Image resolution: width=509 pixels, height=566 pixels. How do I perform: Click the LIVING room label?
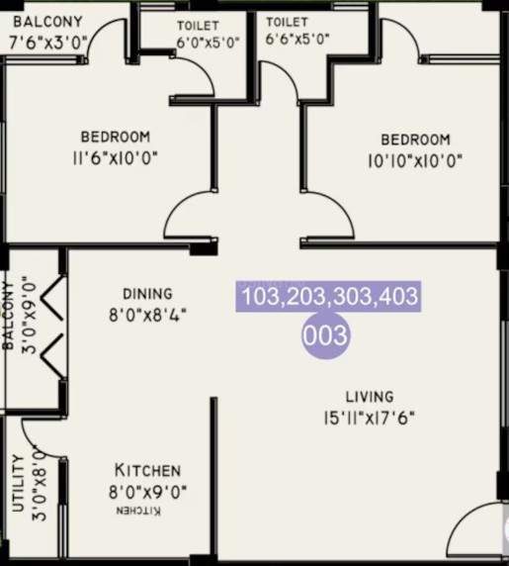click(x=370, y=397)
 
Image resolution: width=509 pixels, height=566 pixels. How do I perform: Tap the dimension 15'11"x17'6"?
click(x=369, y=419)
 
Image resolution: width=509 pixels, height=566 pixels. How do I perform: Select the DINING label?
click(x=148, y=294)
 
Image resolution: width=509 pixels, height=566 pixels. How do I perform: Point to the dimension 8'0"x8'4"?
click(x=148, y=316)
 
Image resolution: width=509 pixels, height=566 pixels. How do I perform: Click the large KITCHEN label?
click(x=147, y=470)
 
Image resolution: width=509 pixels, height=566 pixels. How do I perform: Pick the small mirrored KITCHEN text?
click(x=138, y=511)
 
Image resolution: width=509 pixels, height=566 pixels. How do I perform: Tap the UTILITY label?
click(x=18, y=483)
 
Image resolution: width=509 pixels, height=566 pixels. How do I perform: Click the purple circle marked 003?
click(x=325, y=335)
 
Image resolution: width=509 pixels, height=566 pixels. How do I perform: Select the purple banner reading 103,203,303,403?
click(x=328, y=296)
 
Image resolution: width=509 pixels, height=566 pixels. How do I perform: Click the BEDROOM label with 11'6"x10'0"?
click(x=116, y=137)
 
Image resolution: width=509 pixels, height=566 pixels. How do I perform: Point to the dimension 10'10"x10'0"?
click(x=414, y=160)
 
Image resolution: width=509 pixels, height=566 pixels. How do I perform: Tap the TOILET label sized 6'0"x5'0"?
click(x=198, y=26)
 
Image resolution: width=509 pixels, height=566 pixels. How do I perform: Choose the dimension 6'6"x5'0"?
click(x=297, y=39)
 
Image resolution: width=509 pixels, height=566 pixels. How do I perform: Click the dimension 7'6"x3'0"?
click(x=48, y=44)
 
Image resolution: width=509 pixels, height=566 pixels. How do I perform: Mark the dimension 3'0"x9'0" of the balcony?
click(x=31, y=315)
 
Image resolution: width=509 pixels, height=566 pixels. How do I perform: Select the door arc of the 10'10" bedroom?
click(x=342, y=205)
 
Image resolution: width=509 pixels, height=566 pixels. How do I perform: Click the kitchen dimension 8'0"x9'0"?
click(x=148, y=492)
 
